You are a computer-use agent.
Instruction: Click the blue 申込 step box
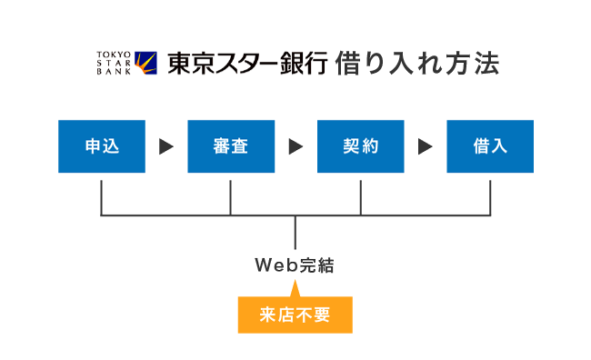click(x=101, y=146)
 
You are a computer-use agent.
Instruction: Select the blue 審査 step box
click(x=231, y=146)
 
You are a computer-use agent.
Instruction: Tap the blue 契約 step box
click(x=361, y=146)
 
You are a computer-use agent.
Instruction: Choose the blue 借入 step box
click(x=490, y=146)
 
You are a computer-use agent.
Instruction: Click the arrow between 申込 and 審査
click(x=165, y=146)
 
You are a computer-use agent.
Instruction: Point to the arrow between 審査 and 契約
click(x=295, y=146)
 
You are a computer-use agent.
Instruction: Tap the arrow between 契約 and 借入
click(x=425, y=146)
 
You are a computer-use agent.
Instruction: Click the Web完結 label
click(x=295, y=265)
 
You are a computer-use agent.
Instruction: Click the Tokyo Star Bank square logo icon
click(x=145, y=63)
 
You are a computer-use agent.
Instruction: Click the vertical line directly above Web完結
click(x=295, y=232)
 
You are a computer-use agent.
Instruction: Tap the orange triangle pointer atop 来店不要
click(x=295, y=291)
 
